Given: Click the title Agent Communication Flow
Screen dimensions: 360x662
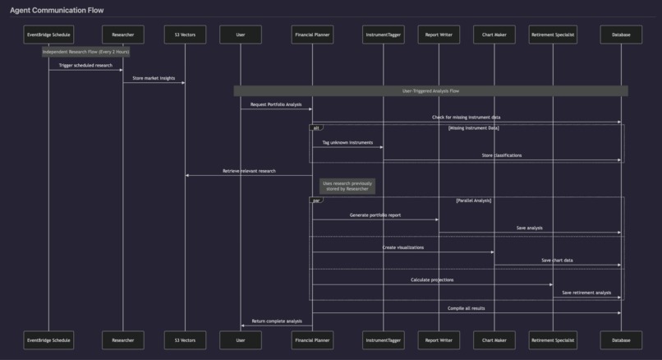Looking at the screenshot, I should (57, 11).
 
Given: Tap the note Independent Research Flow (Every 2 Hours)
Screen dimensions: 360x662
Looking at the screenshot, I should (85, 52).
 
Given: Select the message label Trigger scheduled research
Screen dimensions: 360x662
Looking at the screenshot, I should (85, 66).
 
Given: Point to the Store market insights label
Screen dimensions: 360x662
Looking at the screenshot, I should (154, 79).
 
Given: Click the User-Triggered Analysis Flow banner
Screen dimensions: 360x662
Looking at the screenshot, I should (430, 91).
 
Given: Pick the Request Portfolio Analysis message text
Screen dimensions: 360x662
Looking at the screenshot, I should (276, 104).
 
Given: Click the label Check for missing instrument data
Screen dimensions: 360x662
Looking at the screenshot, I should (466, 118).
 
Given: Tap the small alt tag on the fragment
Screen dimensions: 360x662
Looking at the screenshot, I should (316, 128).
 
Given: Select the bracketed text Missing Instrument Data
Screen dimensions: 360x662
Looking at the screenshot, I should (473, 128).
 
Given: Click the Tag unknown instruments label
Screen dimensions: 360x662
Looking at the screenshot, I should (347, 143).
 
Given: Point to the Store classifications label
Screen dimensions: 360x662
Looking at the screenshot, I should (501, 155).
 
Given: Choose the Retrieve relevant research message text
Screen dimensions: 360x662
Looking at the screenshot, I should (249, 171).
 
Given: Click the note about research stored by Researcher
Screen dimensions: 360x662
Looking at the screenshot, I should (347, 187).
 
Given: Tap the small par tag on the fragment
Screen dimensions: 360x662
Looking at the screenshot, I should (316, 201).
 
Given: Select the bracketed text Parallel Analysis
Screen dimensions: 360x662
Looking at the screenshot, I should (473, 201).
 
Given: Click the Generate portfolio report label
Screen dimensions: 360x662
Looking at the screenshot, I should (375, 215).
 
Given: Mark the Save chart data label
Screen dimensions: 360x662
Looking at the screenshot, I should (557, 261).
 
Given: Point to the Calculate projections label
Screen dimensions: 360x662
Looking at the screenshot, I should (432, 280).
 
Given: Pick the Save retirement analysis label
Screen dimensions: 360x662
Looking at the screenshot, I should (586, 293).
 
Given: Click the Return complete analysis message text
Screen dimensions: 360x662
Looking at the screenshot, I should (277, 321).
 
